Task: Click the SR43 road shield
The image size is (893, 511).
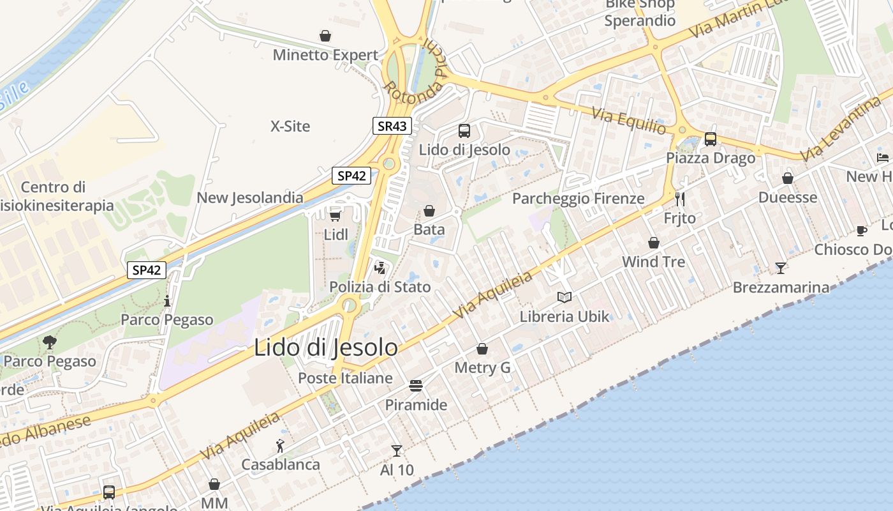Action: click(x=392, y=126)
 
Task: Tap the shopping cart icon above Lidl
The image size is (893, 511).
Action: click(x=336, y=216)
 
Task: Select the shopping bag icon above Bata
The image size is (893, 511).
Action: click(x=429, y=211)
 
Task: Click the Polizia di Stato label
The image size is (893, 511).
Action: click(x=380, y=287)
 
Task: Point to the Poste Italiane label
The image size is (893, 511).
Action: click(x=345, y=378)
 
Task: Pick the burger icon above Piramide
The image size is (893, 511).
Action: click(x=416, y=386)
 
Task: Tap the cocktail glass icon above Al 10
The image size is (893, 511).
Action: click(x=397, y=451)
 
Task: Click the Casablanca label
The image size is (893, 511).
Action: click(x=281, y=464)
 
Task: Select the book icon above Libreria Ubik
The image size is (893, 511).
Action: click(x=565, y=296)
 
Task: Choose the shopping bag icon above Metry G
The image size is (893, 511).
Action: click(x=482, y=349)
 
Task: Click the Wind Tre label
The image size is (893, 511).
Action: click(x=653, y=261)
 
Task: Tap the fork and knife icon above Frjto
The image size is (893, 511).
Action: click(x=680, y=199)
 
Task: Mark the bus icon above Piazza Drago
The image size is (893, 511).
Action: click(x=710, y=139)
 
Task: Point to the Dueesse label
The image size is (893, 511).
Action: click(x=787, y=197)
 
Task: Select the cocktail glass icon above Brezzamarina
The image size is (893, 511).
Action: click(x=781, y=268)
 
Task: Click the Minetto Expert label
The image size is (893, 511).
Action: click(x=325, y=55)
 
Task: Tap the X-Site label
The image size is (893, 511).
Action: click(x=290, y=126)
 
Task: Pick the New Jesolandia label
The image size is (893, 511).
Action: click(x=250, y=197)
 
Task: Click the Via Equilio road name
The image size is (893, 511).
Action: click(x=629, y=121)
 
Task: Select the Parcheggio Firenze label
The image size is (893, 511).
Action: click(x=579, y=199)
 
